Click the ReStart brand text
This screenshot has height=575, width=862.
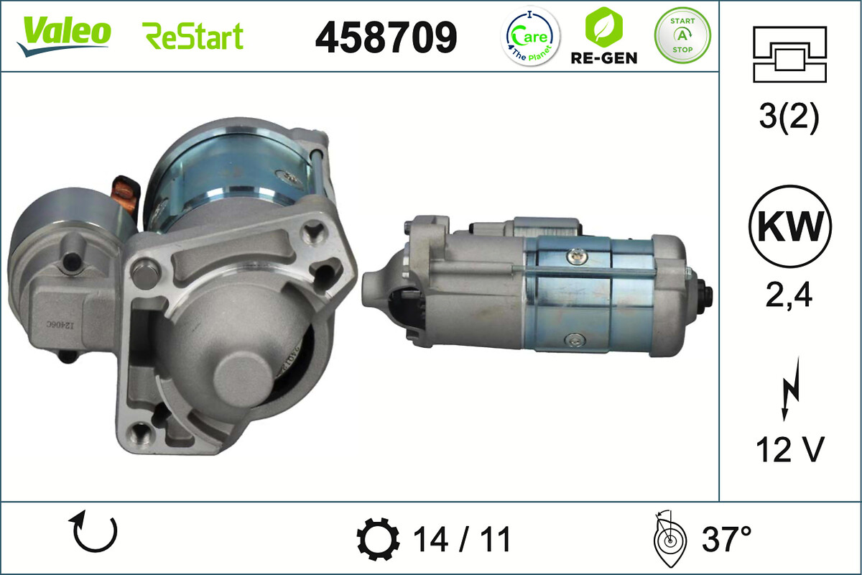click(193, 36)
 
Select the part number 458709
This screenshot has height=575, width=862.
click(386, 37)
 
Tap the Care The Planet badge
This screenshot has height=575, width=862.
click(530, 37)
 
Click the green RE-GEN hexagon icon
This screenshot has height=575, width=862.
click(603, 27)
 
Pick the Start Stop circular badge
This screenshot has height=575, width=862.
click(682, 35)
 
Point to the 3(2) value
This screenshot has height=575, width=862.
click(789, 119)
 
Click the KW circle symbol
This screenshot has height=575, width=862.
click(789, 226)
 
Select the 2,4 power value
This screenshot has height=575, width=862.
click(789, 295)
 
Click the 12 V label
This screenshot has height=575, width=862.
click(789, 450)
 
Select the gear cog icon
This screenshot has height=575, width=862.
click(378, 540)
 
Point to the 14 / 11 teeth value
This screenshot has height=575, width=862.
click(461, 540)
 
